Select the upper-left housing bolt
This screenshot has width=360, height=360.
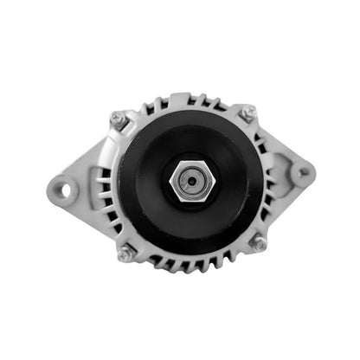(119, 118)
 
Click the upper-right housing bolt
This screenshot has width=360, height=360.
(248, 113)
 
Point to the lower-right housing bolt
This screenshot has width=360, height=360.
(257, 244)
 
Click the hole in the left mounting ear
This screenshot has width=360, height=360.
(62, 184)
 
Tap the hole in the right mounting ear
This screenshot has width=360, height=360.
(301, 172)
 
